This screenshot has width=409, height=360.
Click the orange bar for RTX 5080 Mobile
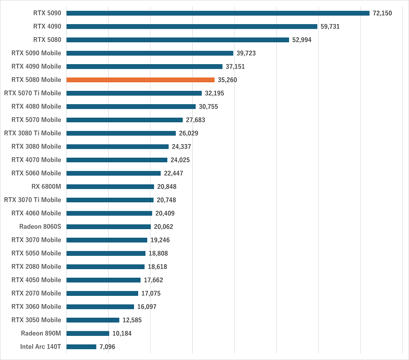[x=140, y=80]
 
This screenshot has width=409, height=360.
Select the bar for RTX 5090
[x=218, y=13]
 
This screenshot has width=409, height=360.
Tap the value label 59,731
[x=330, y=27]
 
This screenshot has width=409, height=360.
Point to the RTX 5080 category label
[x=47, y=40]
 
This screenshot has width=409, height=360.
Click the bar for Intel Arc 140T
[x=81, y=347]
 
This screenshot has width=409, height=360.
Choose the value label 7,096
[x=108, y=347]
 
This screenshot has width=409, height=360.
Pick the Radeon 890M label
[x=41, y=333]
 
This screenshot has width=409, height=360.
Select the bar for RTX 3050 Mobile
[x=93, y=320]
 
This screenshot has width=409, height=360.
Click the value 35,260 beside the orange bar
[x=227, y=80]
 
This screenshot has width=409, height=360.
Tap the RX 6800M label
[x=46, y=186]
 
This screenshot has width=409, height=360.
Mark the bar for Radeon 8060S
[x=109, y=227]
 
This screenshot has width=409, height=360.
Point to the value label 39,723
[x=246, y=53]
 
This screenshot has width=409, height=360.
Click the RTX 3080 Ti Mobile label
[x=32, y=133]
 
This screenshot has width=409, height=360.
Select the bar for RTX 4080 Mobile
[x=131, y=106]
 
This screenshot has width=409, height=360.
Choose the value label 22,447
[x=174, y=173]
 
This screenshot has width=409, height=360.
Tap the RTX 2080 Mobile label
[x=36, y=266]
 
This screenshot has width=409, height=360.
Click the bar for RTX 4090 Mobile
[x=145, y=66]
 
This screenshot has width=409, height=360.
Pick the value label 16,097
[x=147, y=307]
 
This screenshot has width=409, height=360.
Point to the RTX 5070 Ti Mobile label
[x=32, y=93]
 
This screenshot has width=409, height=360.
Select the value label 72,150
[x=382, y=13]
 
